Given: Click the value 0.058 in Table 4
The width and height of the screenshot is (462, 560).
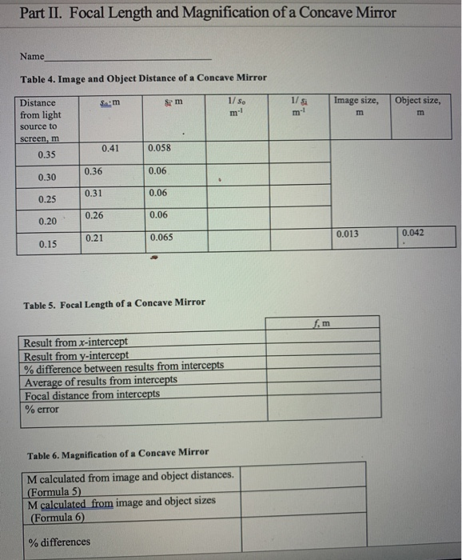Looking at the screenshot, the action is point(160,148).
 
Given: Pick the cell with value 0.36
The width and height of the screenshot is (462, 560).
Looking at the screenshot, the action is point(94,171).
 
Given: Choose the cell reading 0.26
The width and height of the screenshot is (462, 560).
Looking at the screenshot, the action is point(94,215).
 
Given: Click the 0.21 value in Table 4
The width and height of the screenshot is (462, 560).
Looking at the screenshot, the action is point(94,238).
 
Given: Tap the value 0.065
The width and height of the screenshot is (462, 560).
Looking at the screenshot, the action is point(161,238).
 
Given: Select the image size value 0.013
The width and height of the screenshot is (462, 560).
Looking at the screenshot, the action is point(347,234).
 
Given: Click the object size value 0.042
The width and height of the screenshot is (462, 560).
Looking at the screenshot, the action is point(413,233).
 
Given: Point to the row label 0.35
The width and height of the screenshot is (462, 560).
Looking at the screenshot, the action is point(47,155).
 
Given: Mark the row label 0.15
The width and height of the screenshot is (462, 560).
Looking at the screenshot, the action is point(47,244).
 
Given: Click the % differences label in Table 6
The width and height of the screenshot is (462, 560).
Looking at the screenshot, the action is point(59,542).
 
